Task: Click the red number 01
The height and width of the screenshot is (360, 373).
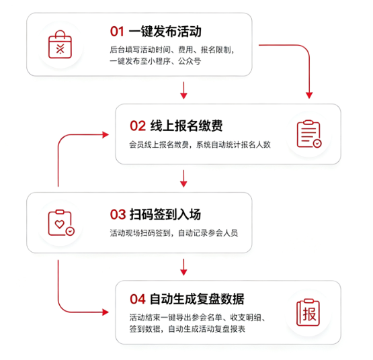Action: click(x=117, y=32)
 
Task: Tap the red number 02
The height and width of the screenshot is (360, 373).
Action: click(x=138, y=126)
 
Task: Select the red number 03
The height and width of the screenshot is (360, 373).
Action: click(x=118, y=214)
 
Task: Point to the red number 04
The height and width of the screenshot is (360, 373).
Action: click(x=138, y=299)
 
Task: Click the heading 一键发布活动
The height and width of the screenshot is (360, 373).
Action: click(x=165, y=32)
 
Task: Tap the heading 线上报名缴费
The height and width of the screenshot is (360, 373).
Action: click(x=186, y=126)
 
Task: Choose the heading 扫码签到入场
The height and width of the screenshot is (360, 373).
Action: click(x=165, y=214)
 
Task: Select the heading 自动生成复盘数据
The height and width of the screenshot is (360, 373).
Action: click(x=197, y=299)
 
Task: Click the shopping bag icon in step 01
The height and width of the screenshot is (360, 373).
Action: click(x=60, y=44)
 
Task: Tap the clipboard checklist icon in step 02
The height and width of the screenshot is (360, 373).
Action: click(x=309, y=134)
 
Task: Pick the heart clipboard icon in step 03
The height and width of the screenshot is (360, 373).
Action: click(x=61, y=223)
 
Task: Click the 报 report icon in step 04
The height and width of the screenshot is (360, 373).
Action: click(x=308, y=312)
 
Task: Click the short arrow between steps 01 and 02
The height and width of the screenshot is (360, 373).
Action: click(x=183, y=91)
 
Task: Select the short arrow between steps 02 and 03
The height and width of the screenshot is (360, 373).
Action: click(x=183, y=179)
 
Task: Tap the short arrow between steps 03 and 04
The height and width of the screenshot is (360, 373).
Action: click(x=183, y=267)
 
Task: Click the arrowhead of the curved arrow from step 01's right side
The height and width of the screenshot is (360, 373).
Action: click(x=309, y=95)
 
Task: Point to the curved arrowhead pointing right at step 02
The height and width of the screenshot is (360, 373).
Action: click(x=106, y=135)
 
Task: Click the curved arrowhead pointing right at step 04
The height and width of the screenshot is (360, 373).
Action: click(x=106, y=312)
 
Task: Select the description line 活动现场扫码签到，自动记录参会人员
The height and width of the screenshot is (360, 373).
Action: click(x=174, y=233)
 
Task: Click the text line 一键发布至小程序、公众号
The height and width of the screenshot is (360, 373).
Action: click(x=155, y=61)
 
